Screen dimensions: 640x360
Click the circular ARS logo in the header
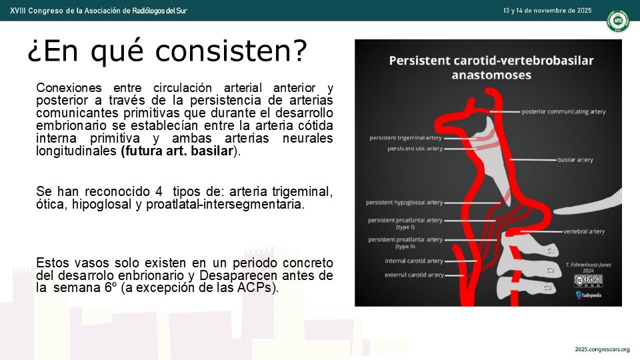coord(617,21)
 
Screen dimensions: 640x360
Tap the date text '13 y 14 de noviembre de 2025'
coord(547,11)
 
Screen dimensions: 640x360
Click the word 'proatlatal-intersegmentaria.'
coord(225,204)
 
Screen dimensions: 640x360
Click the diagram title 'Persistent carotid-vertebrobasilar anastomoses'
coord(491,68)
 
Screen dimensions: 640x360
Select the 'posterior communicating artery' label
coord(564,111)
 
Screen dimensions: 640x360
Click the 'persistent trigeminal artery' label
coord(406,138)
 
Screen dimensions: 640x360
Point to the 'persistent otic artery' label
coord(415,149)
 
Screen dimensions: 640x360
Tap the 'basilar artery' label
coord(575,160)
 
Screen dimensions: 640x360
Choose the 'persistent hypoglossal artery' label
coord(405,203)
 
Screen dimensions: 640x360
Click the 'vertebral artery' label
coord(584,231)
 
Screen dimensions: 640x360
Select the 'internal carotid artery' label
coord(414,261)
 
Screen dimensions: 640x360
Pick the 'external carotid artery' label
coord(414,275)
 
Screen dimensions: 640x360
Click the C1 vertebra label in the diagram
coord(550,250)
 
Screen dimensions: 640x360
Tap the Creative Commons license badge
coord(588,281)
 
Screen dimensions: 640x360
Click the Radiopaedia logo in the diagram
coord(588,295)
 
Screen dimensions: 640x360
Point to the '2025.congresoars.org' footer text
coord(602,349)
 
